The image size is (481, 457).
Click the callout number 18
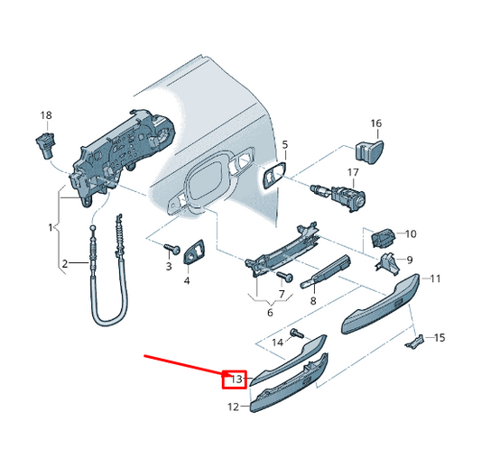(x=46, y=115)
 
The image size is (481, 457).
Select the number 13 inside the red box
(x=236, y=379)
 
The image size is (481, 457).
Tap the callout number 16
(x=376, y=123)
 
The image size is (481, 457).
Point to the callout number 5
(x=284, y=144)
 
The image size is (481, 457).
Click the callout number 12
(x=232, y=407)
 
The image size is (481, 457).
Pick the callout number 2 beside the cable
(x=64, y=264)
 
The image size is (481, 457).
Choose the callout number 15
(x=439, y=338)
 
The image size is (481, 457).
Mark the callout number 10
(x=411, y=234)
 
